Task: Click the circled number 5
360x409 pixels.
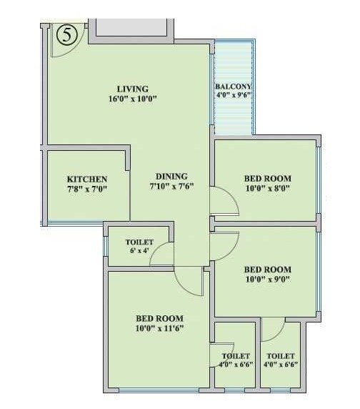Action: pyautogui.click(x=67, y=35)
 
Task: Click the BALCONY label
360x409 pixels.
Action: pyautogui.click(x=233, y=87)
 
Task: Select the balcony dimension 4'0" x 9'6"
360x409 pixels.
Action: pyautogui.click(x=233, y=95)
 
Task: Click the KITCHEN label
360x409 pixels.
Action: pyautogui.click(x=87, y=179)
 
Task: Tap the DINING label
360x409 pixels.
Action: pyautogui.click(x=171, y=176)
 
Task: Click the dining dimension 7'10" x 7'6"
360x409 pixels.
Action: pyautogui.click(x=171, y=186)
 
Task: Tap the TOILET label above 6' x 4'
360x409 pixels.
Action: pyautogui.click(x=139, y=242)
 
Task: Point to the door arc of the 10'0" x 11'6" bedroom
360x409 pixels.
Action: pyautogui.click(x=193, y=282)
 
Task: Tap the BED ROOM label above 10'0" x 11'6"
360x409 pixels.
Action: pyautogui.click(x=160, y=318)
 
